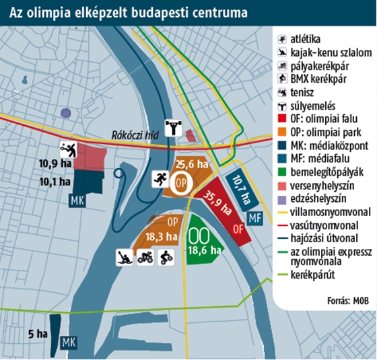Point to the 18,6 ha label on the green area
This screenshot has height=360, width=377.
[201, 249]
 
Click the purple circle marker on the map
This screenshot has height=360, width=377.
[65, 113]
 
